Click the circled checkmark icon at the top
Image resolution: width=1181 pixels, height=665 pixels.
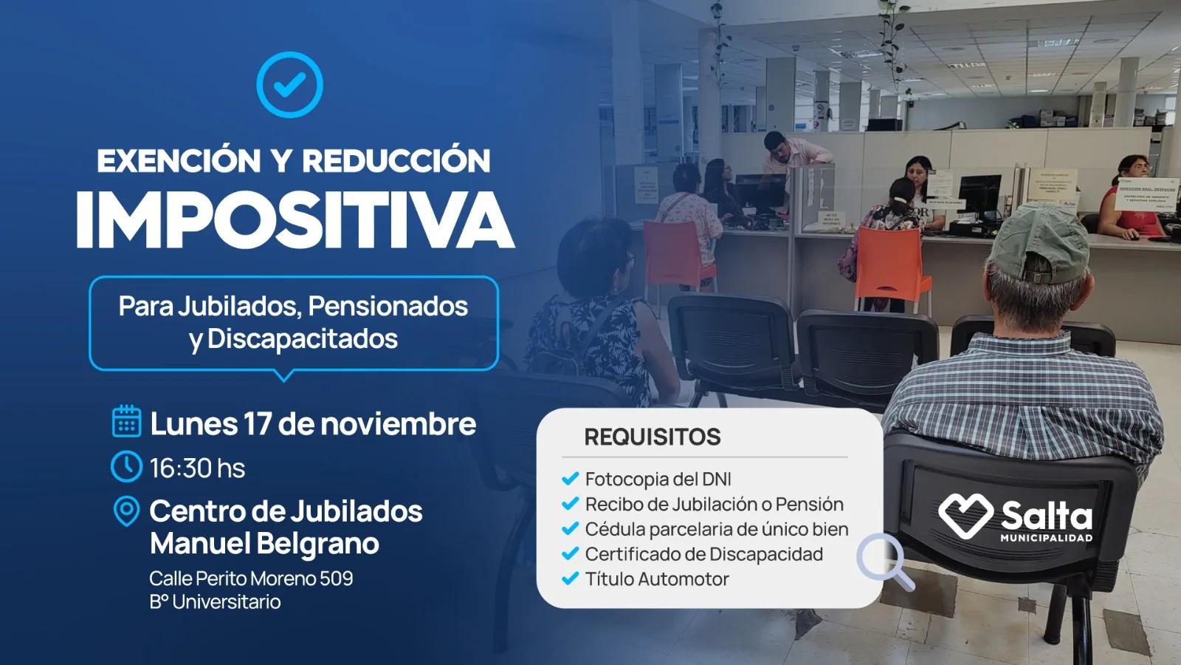pos(289,84)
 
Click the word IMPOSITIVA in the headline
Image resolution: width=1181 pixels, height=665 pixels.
pos(295,220)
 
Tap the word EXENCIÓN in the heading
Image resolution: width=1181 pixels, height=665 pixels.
pos(179,160)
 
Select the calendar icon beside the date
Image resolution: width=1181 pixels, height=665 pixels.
pos(126,421)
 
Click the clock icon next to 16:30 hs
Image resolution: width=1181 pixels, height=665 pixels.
pos(126,467)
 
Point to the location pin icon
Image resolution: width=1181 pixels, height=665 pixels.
pos(126,511)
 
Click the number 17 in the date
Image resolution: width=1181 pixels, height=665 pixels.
pos(258,424)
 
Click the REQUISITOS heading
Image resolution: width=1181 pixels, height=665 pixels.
pos(652,437)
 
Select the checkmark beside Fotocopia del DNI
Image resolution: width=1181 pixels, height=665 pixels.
pos(570,479)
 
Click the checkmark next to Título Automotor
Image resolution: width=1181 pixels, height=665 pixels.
pos(570,579)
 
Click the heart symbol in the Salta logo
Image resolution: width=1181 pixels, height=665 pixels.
pos(965,514)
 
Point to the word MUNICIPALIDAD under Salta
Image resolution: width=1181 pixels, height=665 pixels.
pos(1046,538)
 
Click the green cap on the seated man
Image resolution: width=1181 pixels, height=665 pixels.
pos(1040,240)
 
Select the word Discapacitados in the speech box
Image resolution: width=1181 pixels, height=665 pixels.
pos(303,339)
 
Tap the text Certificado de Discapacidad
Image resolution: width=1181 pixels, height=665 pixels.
pos(703,554)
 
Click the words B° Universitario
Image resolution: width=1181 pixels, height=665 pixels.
pos(215,602)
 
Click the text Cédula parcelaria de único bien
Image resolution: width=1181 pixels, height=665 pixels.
pos(716,529)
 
